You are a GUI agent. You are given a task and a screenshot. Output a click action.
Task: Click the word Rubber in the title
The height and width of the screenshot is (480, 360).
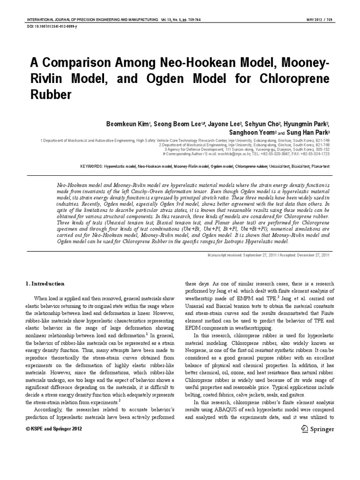tap(51, 95)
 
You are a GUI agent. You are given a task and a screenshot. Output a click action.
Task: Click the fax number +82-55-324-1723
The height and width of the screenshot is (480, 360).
tap(315, 154)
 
